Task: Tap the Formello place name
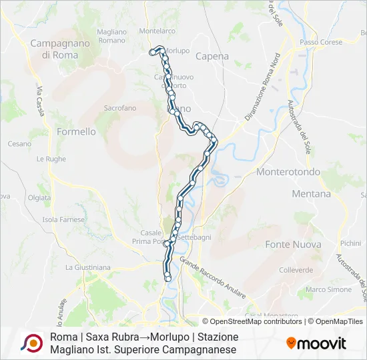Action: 75,131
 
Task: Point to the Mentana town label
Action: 311,194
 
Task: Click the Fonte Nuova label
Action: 293,245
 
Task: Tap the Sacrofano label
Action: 120,107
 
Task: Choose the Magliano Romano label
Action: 111,36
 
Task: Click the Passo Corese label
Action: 321,42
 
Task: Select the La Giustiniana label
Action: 87,267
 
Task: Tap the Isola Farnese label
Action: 63,219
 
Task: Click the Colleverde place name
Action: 296,270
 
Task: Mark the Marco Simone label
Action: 328,289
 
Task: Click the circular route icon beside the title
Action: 31,343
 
